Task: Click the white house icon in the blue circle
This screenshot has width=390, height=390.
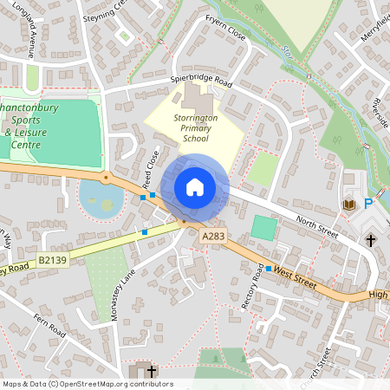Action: click(x=195, y=187)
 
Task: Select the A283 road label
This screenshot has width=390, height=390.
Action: click(x=212, y=236)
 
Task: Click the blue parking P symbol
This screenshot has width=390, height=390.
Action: click(x=368, y=205)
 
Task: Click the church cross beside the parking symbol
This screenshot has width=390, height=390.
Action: click(x=370, y=238)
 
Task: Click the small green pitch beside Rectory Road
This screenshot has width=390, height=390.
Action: click(x=264, y=229)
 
